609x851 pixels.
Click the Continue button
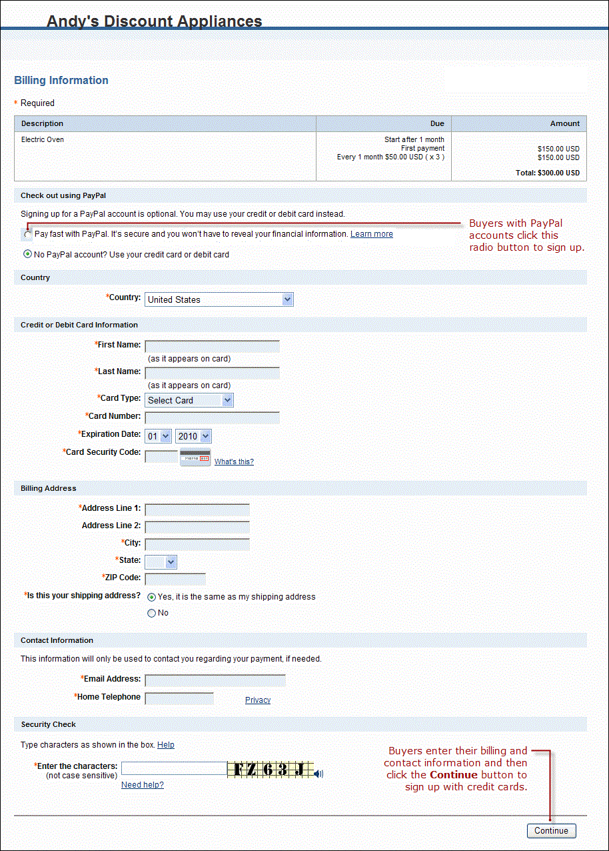551,830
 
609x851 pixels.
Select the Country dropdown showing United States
219,299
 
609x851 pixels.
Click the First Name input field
212,346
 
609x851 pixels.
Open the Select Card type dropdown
189,400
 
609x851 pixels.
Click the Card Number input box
212,417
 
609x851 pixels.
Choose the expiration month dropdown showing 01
159,436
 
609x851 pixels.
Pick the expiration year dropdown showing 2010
193,436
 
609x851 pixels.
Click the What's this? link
234,462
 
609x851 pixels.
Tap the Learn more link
371,234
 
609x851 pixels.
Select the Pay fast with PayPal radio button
27,235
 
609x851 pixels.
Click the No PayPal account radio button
27,254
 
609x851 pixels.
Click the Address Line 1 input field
197,510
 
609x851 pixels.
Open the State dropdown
161,562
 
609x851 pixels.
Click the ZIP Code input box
175,578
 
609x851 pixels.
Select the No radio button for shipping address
151,613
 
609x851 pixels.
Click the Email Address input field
215,680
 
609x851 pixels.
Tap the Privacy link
258,700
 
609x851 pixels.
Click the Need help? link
143,785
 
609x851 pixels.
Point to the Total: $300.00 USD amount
548,173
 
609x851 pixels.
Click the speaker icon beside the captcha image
319,774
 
